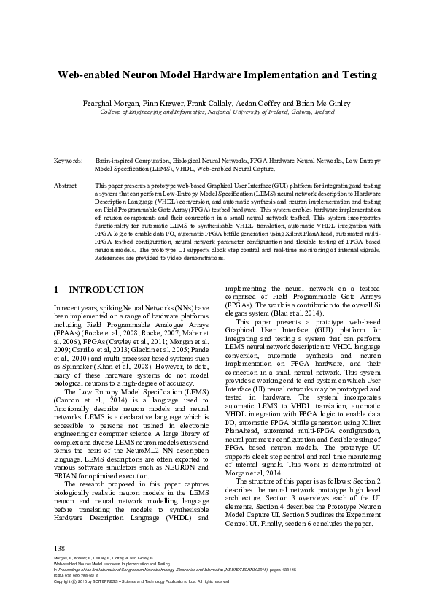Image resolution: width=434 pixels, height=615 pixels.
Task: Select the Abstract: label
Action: coord(66,187)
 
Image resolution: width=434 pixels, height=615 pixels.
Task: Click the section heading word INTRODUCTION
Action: coord(106,290)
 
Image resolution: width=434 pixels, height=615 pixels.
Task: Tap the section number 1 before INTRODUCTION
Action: coord(57,290)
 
